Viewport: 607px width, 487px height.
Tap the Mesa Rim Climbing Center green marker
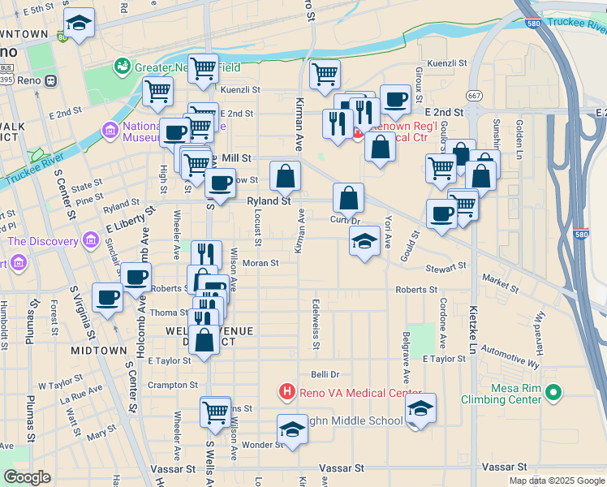[553, 393]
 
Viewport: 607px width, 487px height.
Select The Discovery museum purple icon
[89, 240]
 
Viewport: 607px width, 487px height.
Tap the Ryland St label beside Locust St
[269, 200]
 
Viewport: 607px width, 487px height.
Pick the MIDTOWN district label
[98, 351]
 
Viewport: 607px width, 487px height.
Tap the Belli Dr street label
[325, 374]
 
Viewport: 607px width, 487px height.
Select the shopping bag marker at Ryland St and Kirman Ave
[286, 176]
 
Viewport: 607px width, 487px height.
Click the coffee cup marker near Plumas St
[108, 297]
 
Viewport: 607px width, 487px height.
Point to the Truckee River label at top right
[574, 24]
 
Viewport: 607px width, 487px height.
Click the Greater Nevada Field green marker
[123, 65]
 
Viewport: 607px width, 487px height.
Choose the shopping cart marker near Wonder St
[215, 412]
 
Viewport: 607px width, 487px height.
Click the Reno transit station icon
[50, 80]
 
